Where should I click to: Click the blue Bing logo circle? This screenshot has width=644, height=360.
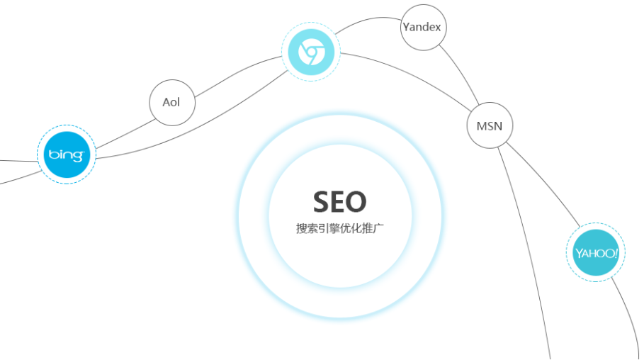pyautogui.click(x=66, y=154)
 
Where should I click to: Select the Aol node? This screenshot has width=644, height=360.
pyautogui.click(x=171, y=102)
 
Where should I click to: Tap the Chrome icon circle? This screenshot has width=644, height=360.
pyautogui.click(x=311, y=52)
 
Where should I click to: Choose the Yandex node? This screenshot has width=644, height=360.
pyautogui.click(x=422, y=28)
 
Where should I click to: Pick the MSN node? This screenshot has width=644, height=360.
pyautogui.click(x=489, y=126)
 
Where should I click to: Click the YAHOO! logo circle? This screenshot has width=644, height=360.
pyautogui.click(x=596, y=252)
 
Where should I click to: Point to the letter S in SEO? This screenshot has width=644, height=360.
pyautogui.click(x=322, y=202)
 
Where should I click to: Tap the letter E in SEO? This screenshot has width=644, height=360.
pyautogui.click(x=340, y=202)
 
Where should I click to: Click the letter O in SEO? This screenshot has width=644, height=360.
pyautogui.click(x=357, y=202)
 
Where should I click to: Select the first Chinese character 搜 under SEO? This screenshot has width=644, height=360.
pyautogui.click(x=301, y=229)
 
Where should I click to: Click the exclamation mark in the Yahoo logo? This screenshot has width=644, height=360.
pyautogui.click(x=616, y=252)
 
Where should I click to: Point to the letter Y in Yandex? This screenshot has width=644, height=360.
pyautogui.click(x=406, y=28)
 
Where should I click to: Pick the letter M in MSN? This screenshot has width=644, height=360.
pyautogui.click(x=480, y=126)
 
